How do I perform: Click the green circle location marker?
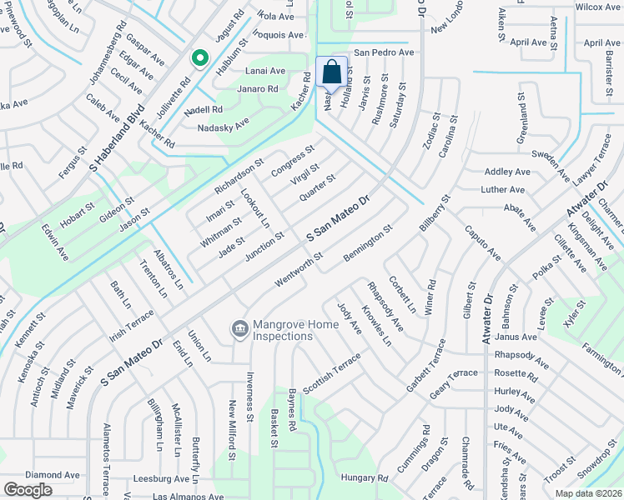click(199, 58)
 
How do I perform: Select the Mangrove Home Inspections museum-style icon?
click(240, 330)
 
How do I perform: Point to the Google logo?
click(28, 490)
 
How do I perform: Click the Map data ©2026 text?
click(589, 493)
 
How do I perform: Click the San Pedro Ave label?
click(384, 52)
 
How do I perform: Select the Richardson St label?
click(239, 175)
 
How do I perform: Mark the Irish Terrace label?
click(132, 325)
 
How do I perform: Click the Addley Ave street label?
click(507, 172)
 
